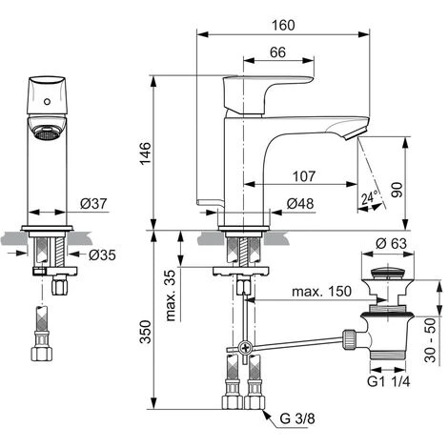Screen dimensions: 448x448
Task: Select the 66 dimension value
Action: [x=277, y=52]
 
